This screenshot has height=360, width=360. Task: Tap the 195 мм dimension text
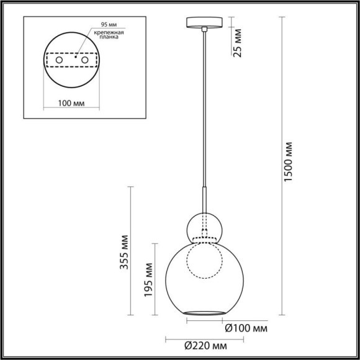149,279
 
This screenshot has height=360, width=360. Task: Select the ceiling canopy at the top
204,24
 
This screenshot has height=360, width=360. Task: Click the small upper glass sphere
205,224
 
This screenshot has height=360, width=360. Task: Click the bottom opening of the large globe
204,309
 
